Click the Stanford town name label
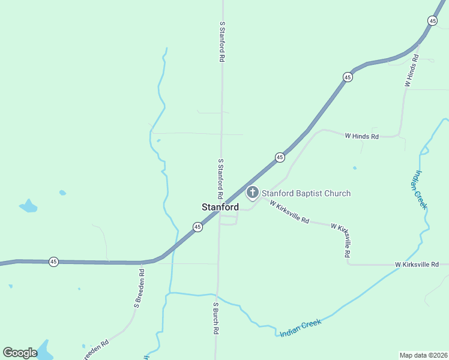tap(220, 207)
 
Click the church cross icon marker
tap(253, 193)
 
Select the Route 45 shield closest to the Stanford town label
tap(197, 226)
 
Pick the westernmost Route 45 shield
tap(53, 262)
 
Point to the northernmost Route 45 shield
tap(432, 20)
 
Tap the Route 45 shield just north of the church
tap(280, 157)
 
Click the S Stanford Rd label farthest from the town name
tap(222, 43)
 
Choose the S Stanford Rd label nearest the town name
tap(221, 179)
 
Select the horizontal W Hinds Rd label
tap(361, 136)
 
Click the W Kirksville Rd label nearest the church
tap(289, 212)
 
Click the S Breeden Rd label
tap(139, 289)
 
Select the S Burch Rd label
tap(215, 318)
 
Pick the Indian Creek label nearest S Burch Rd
tap(300, 327)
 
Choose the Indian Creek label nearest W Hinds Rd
tap(419, 189)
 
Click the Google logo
tap(20, 353)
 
